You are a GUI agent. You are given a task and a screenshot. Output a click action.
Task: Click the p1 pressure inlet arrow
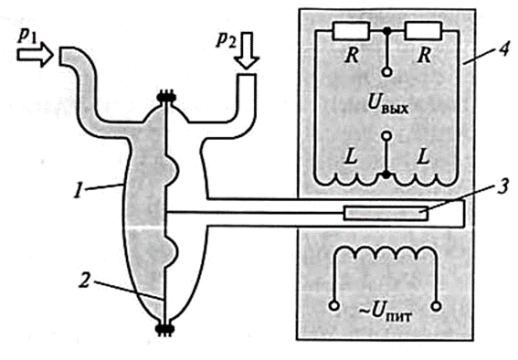(x=35, y=54)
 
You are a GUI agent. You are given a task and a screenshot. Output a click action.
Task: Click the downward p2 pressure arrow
(x=247, y=50)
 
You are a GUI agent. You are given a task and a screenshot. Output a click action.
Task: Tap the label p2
(x=226, y=39)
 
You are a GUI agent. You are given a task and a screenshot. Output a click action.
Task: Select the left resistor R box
(x=350, y=31)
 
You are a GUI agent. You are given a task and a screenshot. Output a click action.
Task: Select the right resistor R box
(x=424, y=31)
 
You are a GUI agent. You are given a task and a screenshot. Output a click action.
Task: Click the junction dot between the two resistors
(x=386, y=31)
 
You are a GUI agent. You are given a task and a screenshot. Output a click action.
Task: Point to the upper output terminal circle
(x=386, y=72)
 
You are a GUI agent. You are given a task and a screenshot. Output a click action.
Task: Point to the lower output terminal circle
(x=386, y=136)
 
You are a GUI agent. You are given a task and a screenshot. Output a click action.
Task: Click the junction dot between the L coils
(x=386, y=175)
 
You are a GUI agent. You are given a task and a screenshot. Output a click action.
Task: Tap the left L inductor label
(x=351, y=156)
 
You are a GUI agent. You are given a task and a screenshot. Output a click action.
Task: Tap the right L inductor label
(x=423, y=156)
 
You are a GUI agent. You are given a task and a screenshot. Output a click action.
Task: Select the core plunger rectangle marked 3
(x=386, y=213)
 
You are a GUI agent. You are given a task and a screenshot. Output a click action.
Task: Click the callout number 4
(x=502, y=50)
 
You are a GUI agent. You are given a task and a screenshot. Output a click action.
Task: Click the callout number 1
(x=78, y=191)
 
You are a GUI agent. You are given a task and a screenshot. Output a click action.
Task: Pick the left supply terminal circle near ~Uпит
(x=333, y=306)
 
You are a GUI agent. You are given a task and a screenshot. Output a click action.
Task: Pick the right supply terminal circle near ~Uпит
(x=436, y=306)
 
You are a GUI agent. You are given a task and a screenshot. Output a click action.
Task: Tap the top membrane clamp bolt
(x=166, y=98)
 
